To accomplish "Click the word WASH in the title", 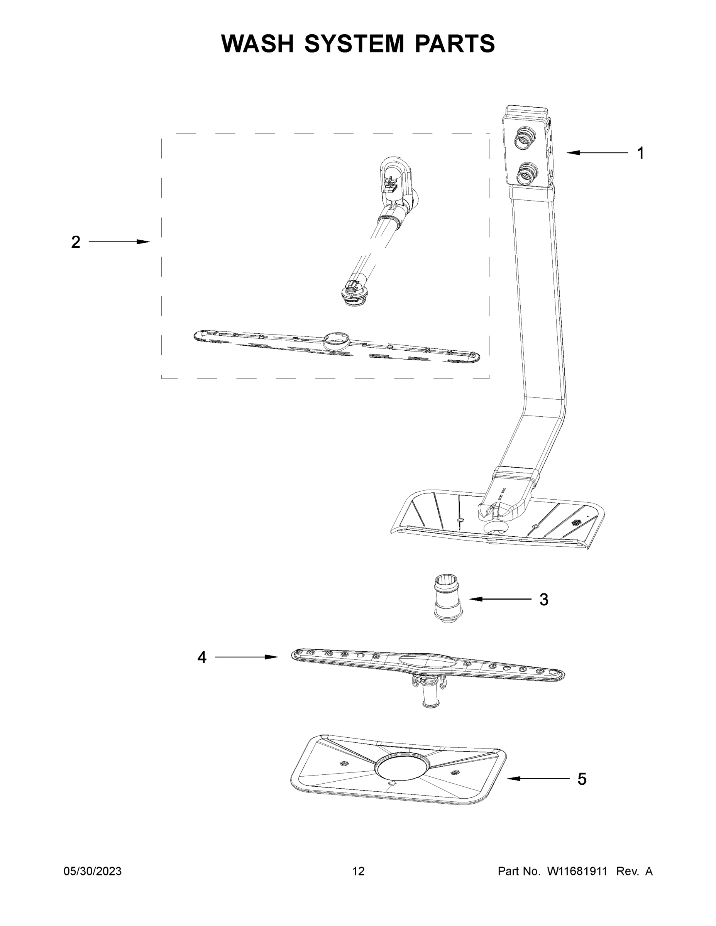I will click(x=257, y=43).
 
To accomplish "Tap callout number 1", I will click(x=640, y=153).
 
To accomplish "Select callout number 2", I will click(x=76, y=242).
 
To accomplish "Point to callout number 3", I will click(x=544, y=600).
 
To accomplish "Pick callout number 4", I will click(x=201, y=657).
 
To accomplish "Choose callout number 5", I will click(x=582, y=779).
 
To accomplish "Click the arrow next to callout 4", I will click(x=246, y=657).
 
